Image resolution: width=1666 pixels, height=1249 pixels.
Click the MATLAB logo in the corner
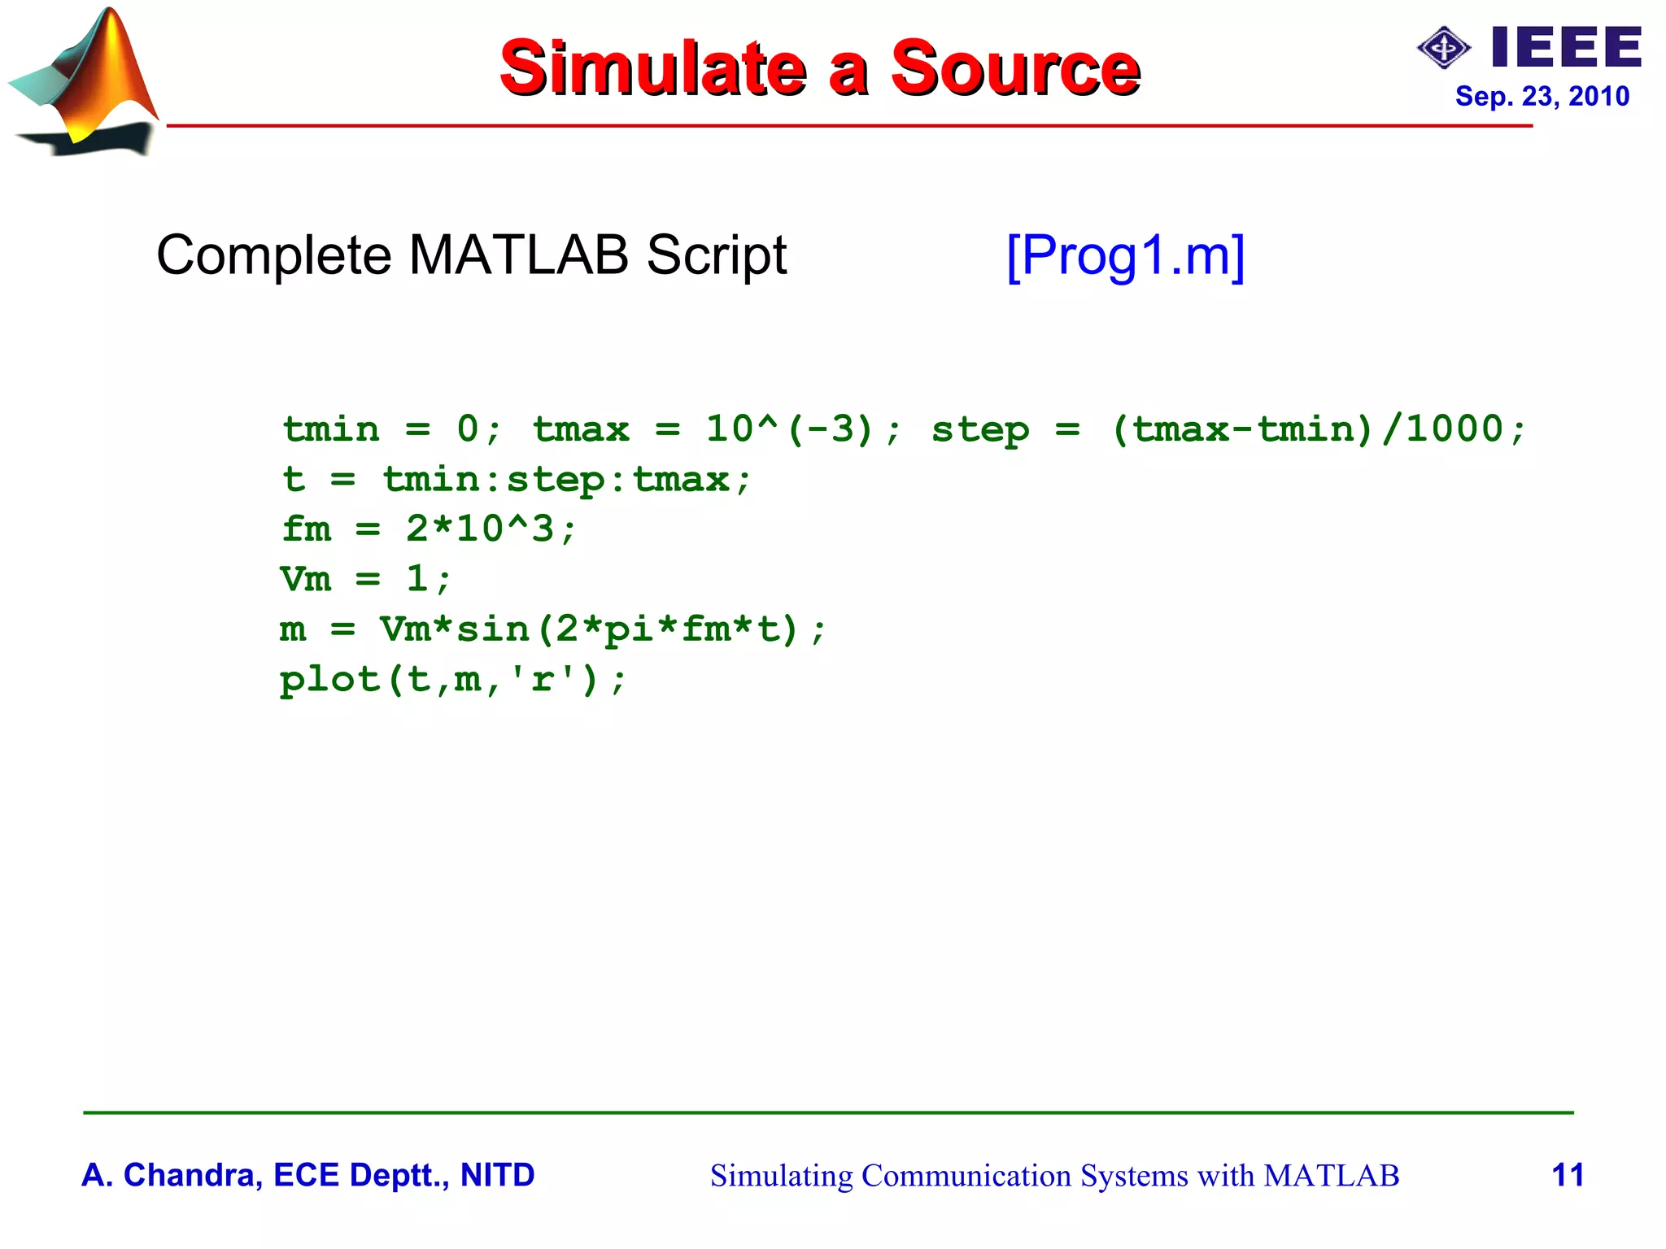[x=85, y=81]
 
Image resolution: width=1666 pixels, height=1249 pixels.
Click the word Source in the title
[x=1014, y=68]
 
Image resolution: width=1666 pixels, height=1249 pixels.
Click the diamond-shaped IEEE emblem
[x=1443, y=48]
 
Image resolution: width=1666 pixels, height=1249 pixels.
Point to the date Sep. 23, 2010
[x=1542, y=97]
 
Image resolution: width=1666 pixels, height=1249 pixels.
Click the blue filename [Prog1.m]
[x=1125, y=256]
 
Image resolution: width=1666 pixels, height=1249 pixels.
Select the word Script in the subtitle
[x=716, y=256]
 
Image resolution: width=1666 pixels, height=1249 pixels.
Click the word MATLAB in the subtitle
[x=518, y=256]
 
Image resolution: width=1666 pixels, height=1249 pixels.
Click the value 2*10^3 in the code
[x=480, y=529]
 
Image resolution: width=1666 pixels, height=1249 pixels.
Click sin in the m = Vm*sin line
[x=493, y=629]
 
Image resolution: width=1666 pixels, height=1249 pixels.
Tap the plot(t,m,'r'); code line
[x=452, y=680]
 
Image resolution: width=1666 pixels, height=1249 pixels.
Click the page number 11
[x=1567, y=1175]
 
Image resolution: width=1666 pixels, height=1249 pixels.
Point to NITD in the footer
[x=497, y=1175]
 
